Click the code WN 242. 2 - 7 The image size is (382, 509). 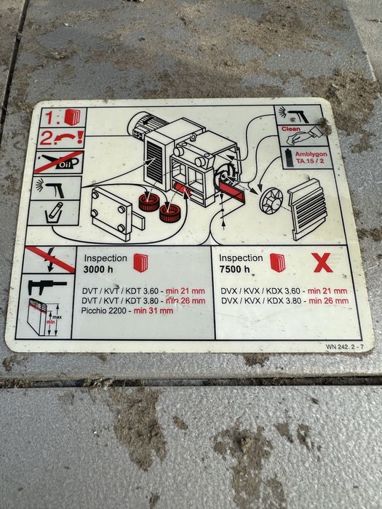(345, 347)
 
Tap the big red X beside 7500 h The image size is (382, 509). (323, 262)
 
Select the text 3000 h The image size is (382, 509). (98, 270)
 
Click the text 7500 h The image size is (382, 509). (234, 269)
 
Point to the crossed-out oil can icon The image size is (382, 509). (59, 162)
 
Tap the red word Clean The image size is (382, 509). (291, 129)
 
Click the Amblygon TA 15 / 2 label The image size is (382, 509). (311, 158)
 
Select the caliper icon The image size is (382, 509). (47, 286)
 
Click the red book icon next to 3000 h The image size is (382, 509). (140, 262)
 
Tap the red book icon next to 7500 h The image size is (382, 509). (277, 262)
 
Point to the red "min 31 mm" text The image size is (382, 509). (154, 310)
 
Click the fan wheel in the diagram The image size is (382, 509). (271, 201)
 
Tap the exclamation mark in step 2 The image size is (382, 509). (81, 137)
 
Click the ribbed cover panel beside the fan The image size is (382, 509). (307, 209)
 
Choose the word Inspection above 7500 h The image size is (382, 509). (241, 258)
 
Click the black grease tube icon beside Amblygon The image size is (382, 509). (289, 158)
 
